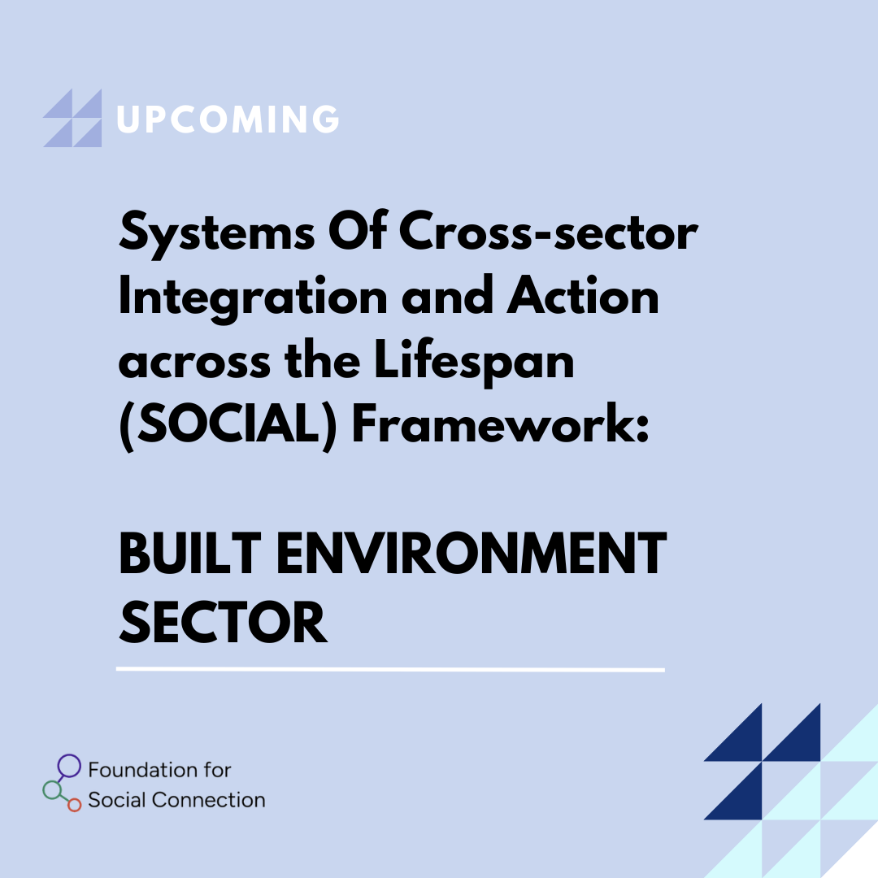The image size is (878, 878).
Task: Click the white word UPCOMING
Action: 228,119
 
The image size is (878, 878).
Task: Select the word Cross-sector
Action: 548,231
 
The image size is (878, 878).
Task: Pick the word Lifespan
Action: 474,361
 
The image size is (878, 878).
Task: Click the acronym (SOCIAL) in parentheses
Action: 228,425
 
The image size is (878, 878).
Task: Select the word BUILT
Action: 190,554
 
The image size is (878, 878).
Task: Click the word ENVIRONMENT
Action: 472,554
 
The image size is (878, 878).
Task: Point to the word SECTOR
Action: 223,622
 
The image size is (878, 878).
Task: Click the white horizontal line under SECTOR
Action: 390,669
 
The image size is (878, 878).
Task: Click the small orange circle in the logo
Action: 75,805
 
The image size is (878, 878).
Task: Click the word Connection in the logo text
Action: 208,800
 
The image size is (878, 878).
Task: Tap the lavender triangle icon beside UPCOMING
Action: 73,118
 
